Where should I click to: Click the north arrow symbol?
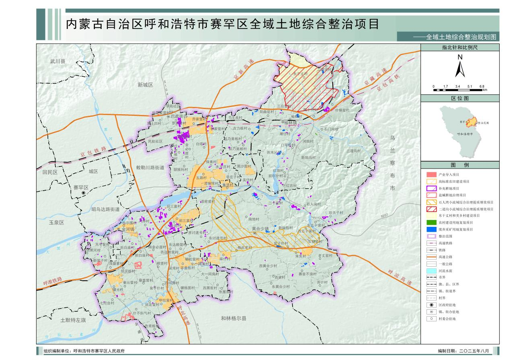tap(460, 67)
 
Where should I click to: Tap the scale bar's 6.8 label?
tap(482, 86)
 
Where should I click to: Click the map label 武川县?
tap(57, 62)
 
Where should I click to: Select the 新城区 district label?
tap(145, 85)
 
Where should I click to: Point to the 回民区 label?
tap(50, 172)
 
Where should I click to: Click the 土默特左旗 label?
tap(74, 320)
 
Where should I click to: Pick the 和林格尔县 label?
tap(233, 318)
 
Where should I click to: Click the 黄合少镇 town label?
tap(260, 228)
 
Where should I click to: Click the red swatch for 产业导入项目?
tap(431, 175)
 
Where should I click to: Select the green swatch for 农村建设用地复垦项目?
tap(431, 222)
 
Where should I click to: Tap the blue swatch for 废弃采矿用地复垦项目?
tap(431, 229)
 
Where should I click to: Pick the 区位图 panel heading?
tap(460, 98)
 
